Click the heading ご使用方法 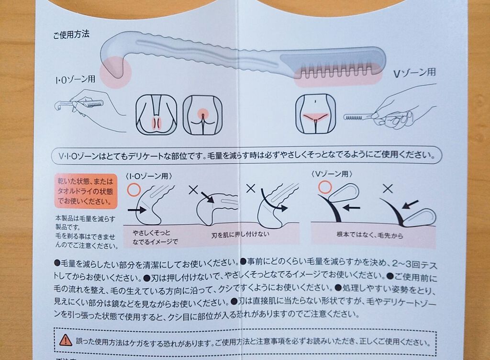tap(71, 34)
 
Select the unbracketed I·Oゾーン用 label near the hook tap(75, 79)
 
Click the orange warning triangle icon tap(65, 339)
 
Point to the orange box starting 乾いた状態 tap(86, 191)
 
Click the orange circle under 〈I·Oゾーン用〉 tap(134, 190)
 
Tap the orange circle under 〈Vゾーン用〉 tap(325, 187)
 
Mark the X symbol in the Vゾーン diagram tap(388, 189)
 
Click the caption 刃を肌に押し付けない tap(240, 234)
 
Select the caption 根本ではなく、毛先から tap(370, 235)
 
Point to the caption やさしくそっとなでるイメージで tap(155, 237)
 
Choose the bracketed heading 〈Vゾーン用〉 tap(332, 173)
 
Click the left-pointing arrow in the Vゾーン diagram tap(351, 207)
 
